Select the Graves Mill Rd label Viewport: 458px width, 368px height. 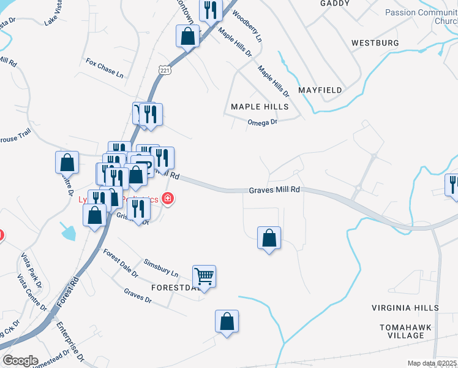[x=274, y=190]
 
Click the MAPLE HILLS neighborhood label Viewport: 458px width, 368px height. [x=260, y=107]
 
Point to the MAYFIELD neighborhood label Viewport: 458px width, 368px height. [x=320, y=90]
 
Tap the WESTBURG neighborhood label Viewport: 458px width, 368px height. [x=375, y=43]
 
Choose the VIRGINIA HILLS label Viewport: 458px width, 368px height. [x=405, y=307]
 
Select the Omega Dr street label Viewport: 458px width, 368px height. [x=263, y=122]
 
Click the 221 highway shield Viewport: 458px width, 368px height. [x=165, y=71]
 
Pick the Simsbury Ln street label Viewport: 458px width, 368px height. [x=161, y=267]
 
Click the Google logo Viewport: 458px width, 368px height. [x=20, y=361]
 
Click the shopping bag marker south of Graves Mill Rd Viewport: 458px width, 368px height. [x=269, y=238]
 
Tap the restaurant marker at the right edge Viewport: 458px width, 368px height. [x=452, y=186]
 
